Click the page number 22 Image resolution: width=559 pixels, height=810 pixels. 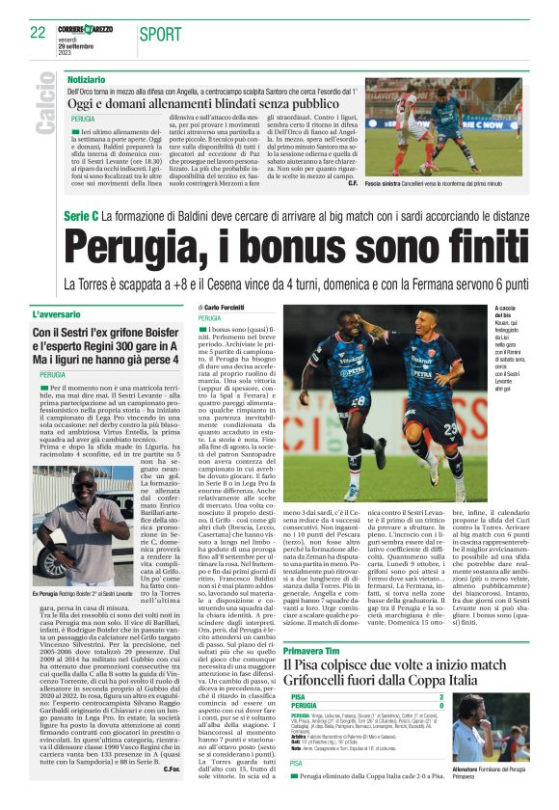coord(38,32)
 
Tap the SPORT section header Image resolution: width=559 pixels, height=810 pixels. coord(160,33)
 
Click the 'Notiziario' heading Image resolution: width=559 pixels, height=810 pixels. coord(87,77)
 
